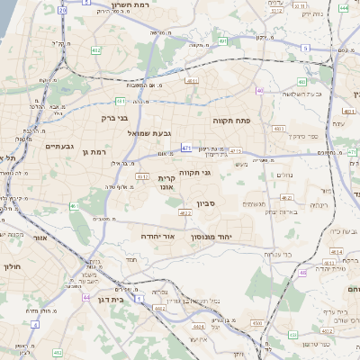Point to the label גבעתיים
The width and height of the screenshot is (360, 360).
[x=59, y=145]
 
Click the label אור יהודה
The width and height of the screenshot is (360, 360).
[x=156, y=235]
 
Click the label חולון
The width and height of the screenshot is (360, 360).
[x=11, y=267]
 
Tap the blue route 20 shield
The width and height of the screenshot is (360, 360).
[x=62, y=10]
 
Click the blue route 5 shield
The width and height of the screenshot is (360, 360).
[x=305, y=48]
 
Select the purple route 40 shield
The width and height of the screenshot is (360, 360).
[x=260, y=90]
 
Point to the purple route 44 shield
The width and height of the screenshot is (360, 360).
[x=85, y=296]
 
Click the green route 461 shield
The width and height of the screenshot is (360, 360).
[x=74, y=207]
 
